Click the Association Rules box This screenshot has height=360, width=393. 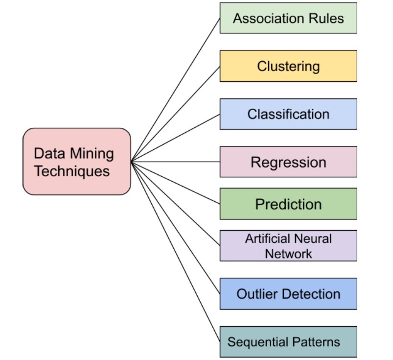(288, 19)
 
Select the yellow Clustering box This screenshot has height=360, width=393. (288, 66)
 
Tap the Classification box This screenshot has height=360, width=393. (288, 114)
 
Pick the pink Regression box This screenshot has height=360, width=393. (288, 162)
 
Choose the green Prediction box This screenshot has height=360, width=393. (288, 204)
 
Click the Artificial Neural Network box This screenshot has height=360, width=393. (288, 246)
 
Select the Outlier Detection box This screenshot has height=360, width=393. (288, 294)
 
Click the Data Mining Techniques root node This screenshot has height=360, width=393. (77, 162)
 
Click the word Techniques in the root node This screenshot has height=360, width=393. (71, 171)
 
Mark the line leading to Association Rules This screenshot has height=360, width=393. (176, 90)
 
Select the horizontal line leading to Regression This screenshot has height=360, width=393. (176, 162)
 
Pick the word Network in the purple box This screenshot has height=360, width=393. (288, 254)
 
